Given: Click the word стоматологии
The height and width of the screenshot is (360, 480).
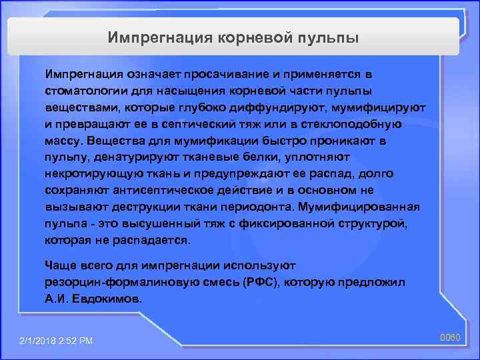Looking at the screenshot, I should (x=84, y=89).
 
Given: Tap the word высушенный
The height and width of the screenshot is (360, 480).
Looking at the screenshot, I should (x=162, y=223).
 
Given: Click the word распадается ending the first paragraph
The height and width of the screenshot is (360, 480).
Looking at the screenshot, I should (x=155, y=240).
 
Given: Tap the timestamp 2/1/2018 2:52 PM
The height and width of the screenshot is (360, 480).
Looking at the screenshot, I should (x=57, y=341).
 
